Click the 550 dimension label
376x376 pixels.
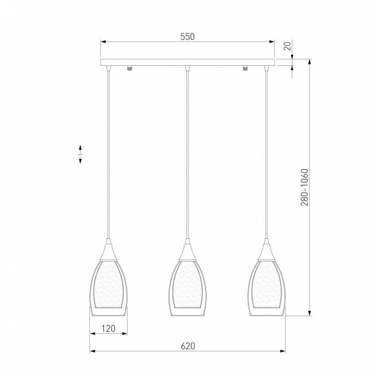point(188,36)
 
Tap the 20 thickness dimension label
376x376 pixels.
point(287,46)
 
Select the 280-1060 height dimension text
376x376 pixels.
point(304,187)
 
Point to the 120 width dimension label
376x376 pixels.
point(109,329)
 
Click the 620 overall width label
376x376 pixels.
point(188,346)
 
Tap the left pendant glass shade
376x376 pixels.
point(109,288)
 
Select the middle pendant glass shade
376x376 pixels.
point(188,288)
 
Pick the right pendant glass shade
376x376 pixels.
point(266,288)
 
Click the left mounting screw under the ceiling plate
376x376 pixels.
point(130,68)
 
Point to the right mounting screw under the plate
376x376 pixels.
point(245,68)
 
